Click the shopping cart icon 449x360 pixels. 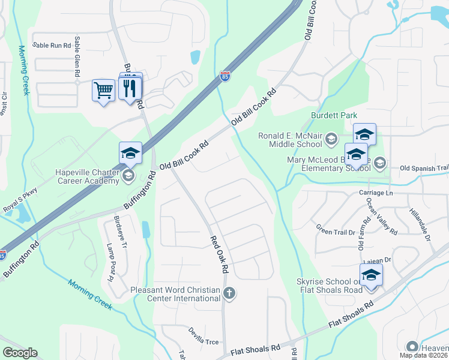click(104, 91)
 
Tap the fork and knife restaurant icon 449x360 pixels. click(131, 89)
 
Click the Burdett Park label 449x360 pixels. click(334, 115)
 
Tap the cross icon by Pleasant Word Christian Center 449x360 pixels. click(228, 293)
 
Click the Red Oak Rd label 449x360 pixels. click(219, 254)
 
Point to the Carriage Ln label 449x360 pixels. click(376, 193)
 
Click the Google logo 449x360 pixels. click(20, 353)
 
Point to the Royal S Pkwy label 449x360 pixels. click(20, 197)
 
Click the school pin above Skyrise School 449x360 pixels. click(372, 275)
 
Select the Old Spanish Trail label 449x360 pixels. click(424, 168)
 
